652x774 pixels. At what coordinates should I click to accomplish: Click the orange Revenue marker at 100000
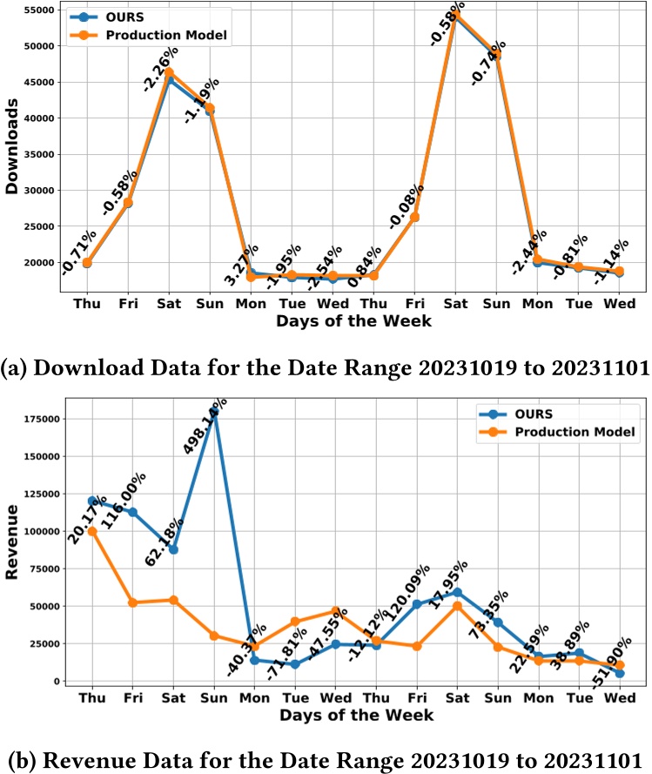pyautogui.click(x=91, y=531)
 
